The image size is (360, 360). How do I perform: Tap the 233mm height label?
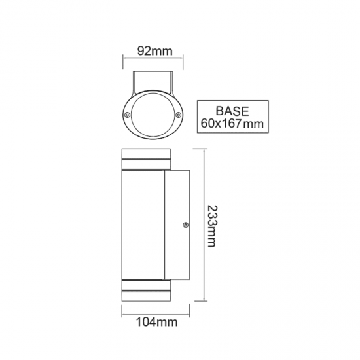point(211,226)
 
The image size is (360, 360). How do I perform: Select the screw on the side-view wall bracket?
point(186,225)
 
